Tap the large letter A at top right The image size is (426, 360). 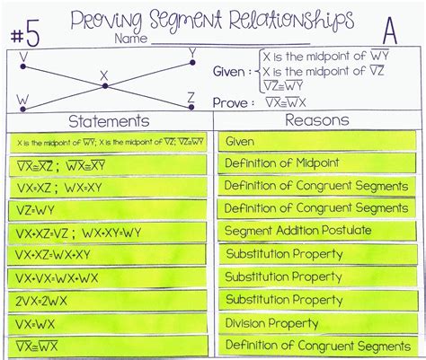389,32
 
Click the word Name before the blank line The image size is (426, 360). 130,40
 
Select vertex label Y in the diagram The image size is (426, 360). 192,55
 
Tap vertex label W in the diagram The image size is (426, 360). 22,99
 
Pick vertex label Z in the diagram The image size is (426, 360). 191,96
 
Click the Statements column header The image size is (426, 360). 109,120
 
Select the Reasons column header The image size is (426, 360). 316,120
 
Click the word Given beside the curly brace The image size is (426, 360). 233,71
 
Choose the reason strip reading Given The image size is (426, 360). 240,142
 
